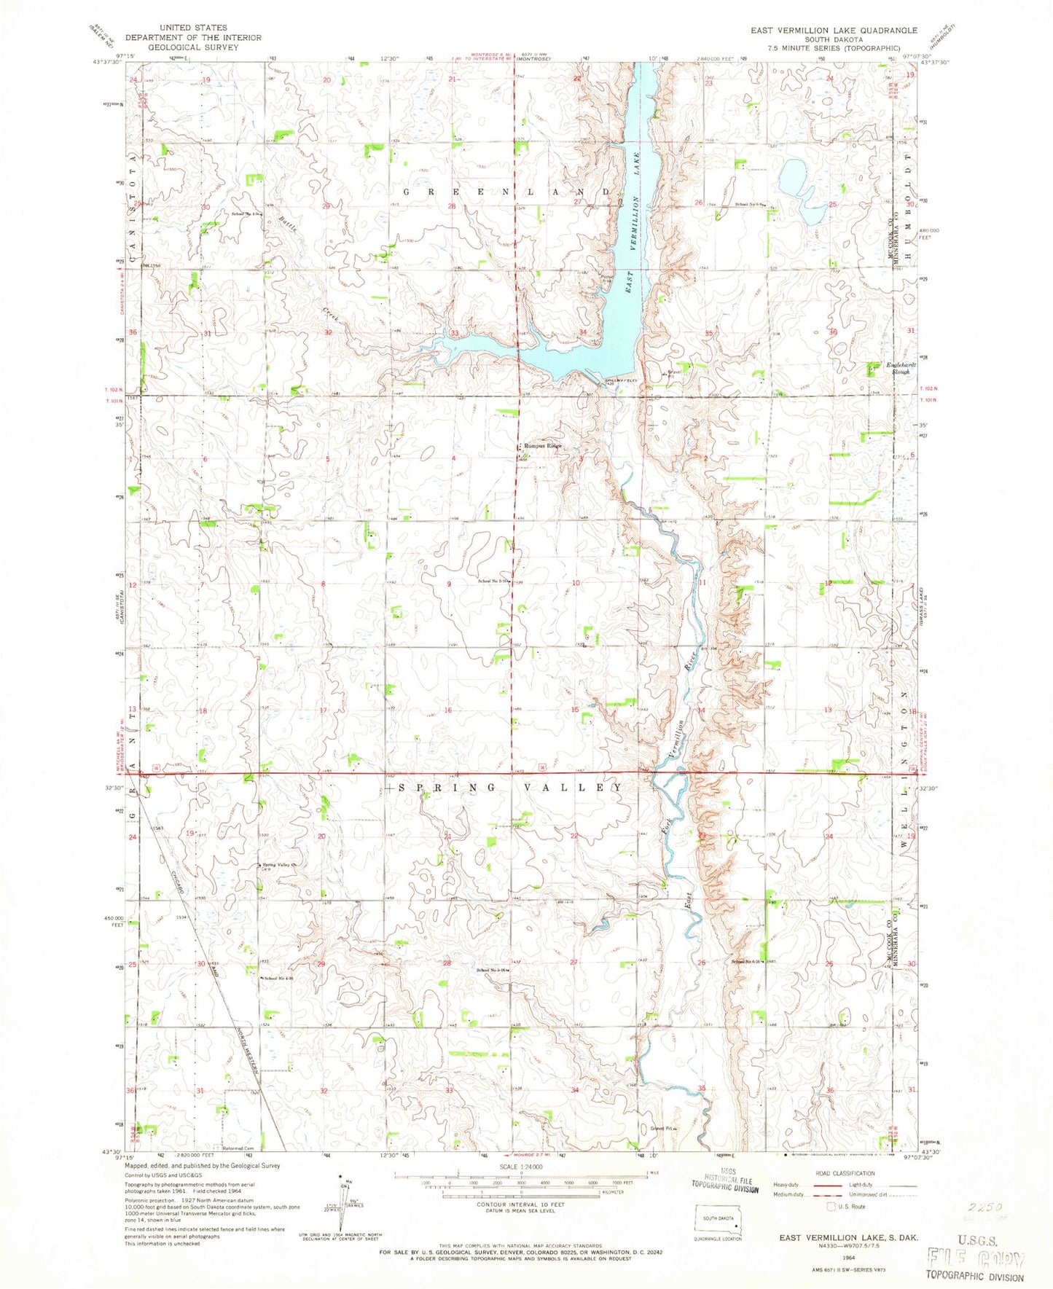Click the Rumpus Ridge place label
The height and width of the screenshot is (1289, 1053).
point(542,446)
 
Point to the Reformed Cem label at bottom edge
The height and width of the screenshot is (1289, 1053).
point(238,1148)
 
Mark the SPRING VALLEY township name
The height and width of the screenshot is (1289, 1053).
point(502,788)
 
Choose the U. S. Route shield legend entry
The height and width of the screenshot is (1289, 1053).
point(841,1228)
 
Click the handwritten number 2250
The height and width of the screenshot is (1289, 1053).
point(980,1207)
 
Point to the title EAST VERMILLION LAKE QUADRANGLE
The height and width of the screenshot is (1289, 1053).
point(827,31)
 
